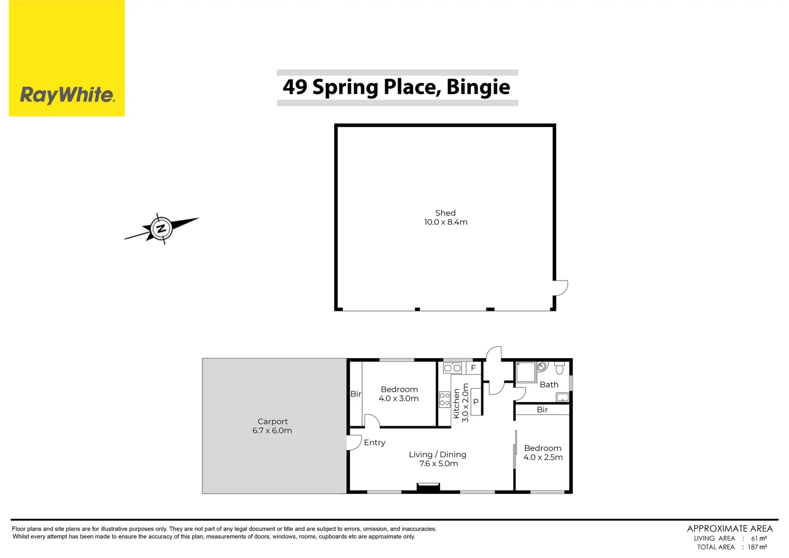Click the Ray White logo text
pos(67,95)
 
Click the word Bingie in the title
pos(478,87)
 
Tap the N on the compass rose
pos(162,228)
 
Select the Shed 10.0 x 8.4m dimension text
pos(446,222)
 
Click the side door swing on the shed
pos(561,288)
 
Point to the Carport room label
pos(273,422)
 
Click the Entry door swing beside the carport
pos(354,443)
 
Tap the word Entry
pos(374,443)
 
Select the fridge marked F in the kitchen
pos(474,368)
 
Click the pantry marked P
pos(476,401)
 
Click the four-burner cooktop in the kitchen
pos(445,399)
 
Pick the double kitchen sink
pos(452,368)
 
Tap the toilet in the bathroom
pos(560,368)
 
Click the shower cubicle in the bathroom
pos(526,373)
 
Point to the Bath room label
pos(549,385)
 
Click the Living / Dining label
pos(437,455)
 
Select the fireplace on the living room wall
pos(428,486)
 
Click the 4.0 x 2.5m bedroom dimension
pos(543,457)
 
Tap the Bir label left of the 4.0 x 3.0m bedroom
pos(356,394)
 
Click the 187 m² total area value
pos(757,547)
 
